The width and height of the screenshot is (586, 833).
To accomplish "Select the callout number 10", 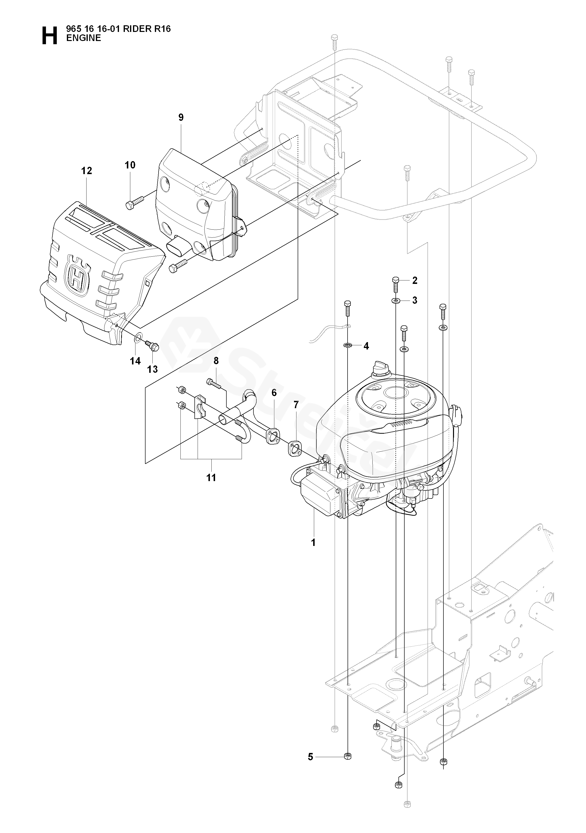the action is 130,165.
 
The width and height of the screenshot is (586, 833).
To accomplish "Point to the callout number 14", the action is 135,361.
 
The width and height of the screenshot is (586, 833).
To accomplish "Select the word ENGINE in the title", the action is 84,38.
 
